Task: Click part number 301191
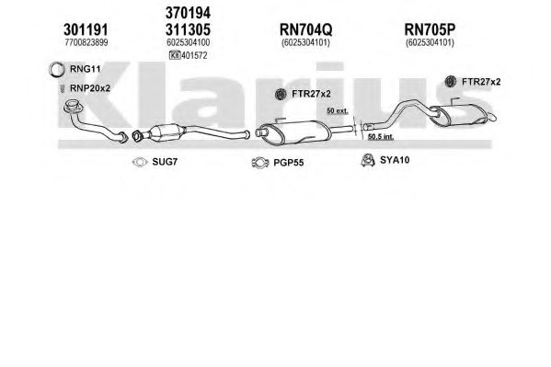coord(86,29)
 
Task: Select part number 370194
coord(188,13)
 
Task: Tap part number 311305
coord(188,29)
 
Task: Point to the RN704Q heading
coord(305,29)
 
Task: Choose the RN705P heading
coord(430,29)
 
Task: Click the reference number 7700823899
coord(86,42)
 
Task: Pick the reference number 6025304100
coord(189,42)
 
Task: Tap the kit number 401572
coord(194,55)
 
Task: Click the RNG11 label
coord(85,69)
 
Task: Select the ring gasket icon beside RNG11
coord(56,70)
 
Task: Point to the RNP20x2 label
coord(90,88)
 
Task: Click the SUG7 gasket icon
coord(140,162)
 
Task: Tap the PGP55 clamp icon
coord(260,163)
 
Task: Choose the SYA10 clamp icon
coord(368,160)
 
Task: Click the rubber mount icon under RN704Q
coord(281,94)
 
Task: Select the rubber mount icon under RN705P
coord(450,82)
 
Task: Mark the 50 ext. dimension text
coord(338,110)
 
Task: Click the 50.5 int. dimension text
coord(381,136)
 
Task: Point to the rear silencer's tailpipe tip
coord(492,117)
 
